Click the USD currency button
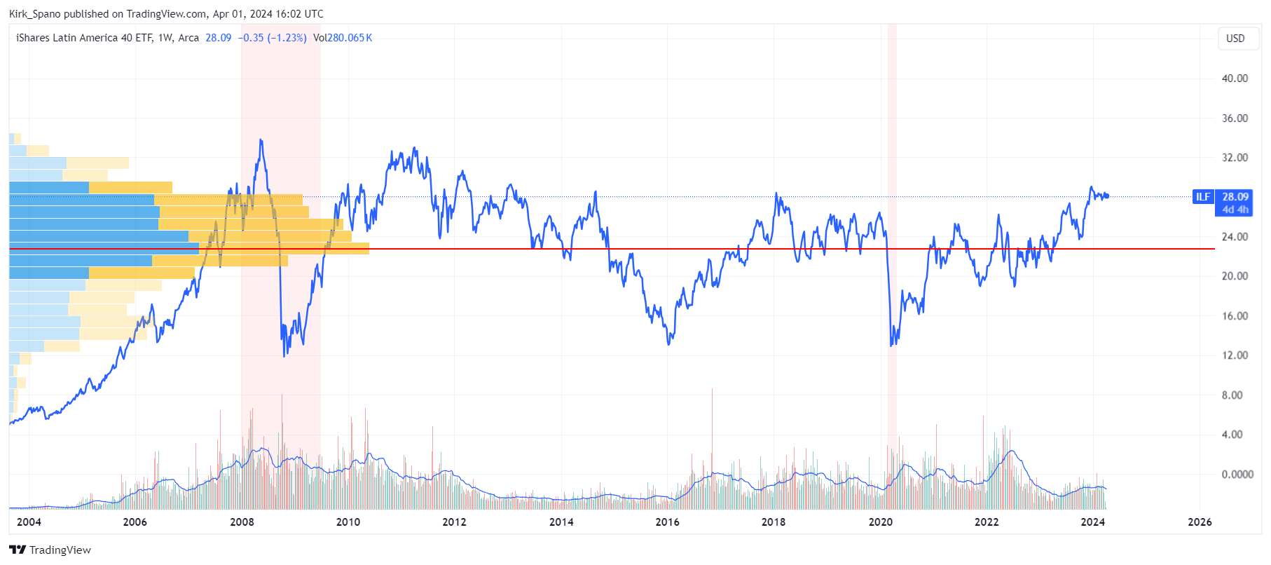point(1235,39)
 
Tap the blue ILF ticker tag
point(1202,197)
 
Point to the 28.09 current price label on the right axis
point(1235,197)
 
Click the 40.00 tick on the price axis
point(1235,79)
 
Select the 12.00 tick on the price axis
point(1235,355)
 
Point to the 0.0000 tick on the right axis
point(1237,475)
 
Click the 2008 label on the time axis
point(242,522)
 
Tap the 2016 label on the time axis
point(667,522)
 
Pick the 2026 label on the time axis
point(1200,522)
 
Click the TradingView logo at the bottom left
point(50,550)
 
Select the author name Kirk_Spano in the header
point(34,14)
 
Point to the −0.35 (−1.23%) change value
point(272,38)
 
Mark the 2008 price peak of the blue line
point(261,140)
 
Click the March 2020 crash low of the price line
point(891,345)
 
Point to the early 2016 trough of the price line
point(669,343)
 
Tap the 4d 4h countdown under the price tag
point(1235,210)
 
